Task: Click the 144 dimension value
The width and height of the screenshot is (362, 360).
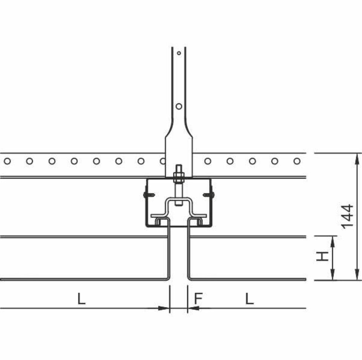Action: [x=347, y=216]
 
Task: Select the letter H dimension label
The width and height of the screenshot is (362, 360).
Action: [x=322, y=256]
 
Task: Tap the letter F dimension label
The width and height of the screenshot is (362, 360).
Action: [x=198, y=298]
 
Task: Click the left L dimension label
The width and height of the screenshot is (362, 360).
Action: [x=81, y=298]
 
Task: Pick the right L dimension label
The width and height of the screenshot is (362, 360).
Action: [x=249, y=298]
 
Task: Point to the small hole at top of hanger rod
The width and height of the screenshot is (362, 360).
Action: [x=179, y=53]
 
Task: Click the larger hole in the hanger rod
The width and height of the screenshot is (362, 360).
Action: [x=179, y=106]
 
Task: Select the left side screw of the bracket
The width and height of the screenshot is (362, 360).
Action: [x=149, y=195]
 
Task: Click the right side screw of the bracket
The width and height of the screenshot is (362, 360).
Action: [x=209, y=195]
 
